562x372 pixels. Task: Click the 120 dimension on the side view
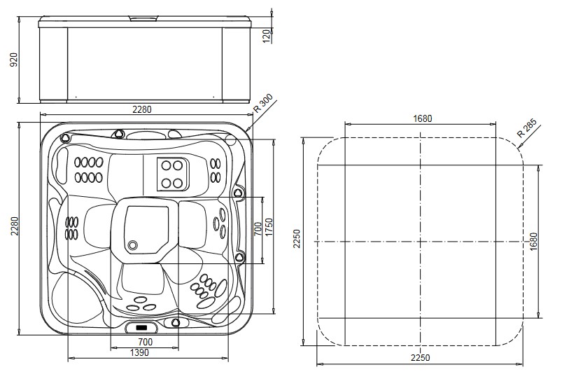click(267, 36)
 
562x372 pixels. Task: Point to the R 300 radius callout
click(265, 104)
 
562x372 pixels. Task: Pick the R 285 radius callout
click(526, 129)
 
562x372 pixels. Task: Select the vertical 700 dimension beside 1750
click(258, 228)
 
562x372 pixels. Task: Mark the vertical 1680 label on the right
click(534, 242)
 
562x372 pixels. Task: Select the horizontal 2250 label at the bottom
click(420, 357)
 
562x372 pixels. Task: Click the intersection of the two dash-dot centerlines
click(420, 242)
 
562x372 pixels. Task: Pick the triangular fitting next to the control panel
click(176, 323)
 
